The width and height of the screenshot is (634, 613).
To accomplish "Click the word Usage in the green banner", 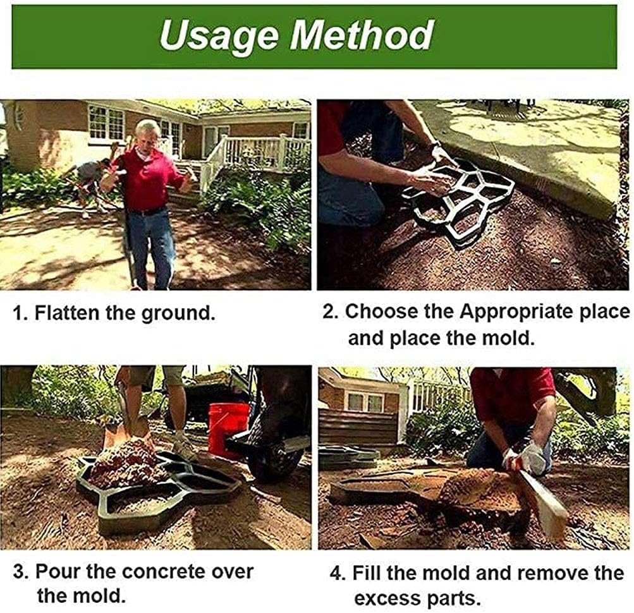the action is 219,35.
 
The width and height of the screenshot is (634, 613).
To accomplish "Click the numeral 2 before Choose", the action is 327,312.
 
